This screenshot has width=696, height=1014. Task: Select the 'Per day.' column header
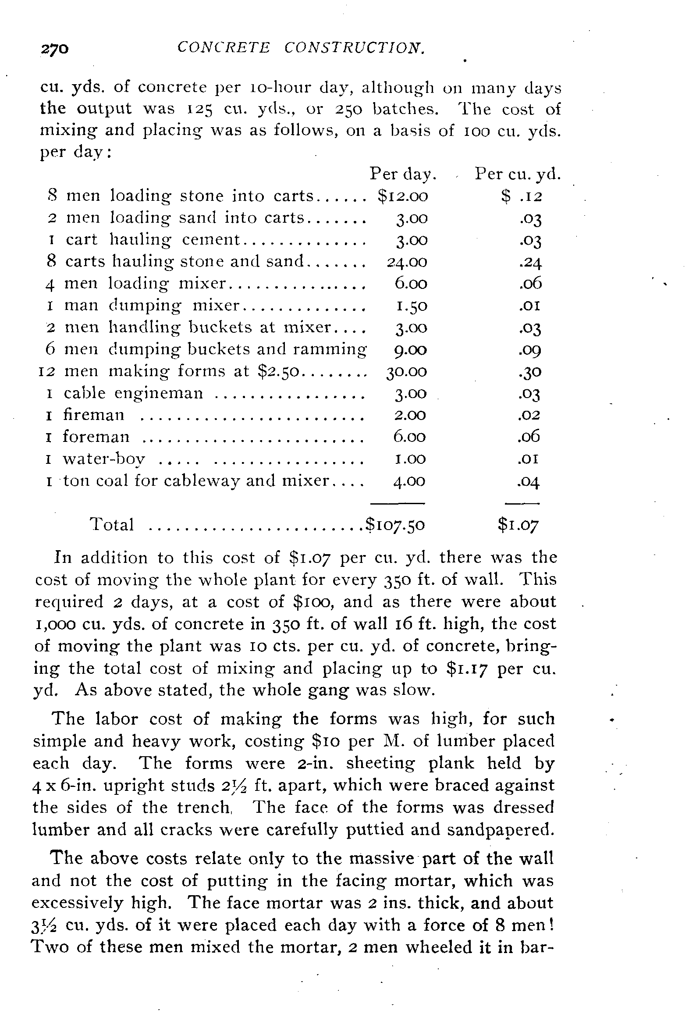pyautogui.click(x=403, y=174)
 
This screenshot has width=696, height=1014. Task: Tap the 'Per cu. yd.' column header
pyautogui.click(x=518, y=174)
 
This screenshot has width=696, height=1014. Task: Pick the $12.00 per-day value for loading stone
pyautogui.click(x=402, y=196)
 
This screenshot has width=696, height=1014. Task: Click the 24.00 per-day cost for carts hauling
pyautogui.click(x=407, y=262)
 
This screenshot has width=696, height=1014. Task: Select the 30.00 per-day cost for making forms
pyautogui.click(x=406, y=371)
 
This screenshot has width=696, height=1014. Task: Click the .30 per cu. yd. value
pyautogui.click(x=530, y=372)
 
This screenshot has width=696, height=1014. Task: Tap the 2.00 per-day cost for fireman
pyautogui.click(x=410, y=415)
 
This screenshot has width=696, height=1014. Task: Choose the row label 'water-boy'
pyautogui.click(x=103, y=459)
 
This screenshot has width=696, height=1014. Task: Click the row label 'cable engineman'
pyautogui.click(x=133, y=393)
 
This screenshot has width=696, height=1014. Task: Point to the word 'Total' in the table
pyautogui.click(x=112, y=524)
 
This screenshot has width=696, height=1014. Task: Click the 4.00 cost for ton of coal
pyautogui.click(x=409, y=481)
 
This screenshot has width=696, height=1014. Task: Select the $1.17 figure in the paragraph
pyautogui.click(x=467, y=669)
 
